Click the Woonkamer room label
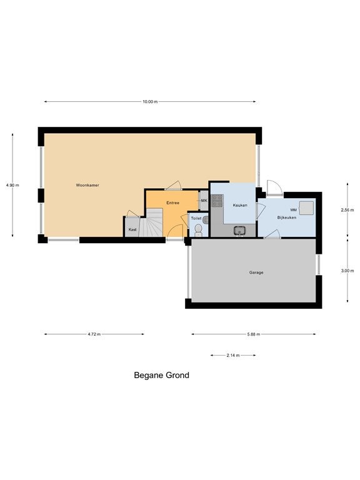[x=87, y=185]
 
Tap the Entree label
[x=172, y=202]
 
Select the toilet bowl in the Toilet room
[x=198, y=229]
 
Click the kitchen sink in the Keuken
[x=240, y=230]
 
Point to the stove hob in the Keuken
[x=217, y=201]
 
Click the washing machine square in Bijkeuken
[x=306, y=208]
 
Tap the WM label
[x=293, y=210]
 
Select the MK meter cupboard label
[x=204, y=201]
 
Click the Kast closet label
[x=132, y=229]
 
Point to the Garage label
[x=256, y=272]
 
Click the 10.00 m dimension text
[x=150, y=102]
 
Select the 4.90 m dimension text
[x=12, y=185]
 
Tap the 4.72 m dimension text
[x=94, y=334]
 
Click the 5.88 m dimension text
[x=254, y=334]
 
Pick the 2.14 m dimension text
[x=233, y=356]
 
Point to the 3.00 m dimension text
[x=347, y=271]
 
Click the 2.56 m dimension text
[x=347, y=210]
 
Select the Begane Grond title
[x=162, y=375]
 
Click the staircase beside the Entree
[x=151, y=222]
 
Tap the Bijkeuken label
[x=286, y=217]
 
